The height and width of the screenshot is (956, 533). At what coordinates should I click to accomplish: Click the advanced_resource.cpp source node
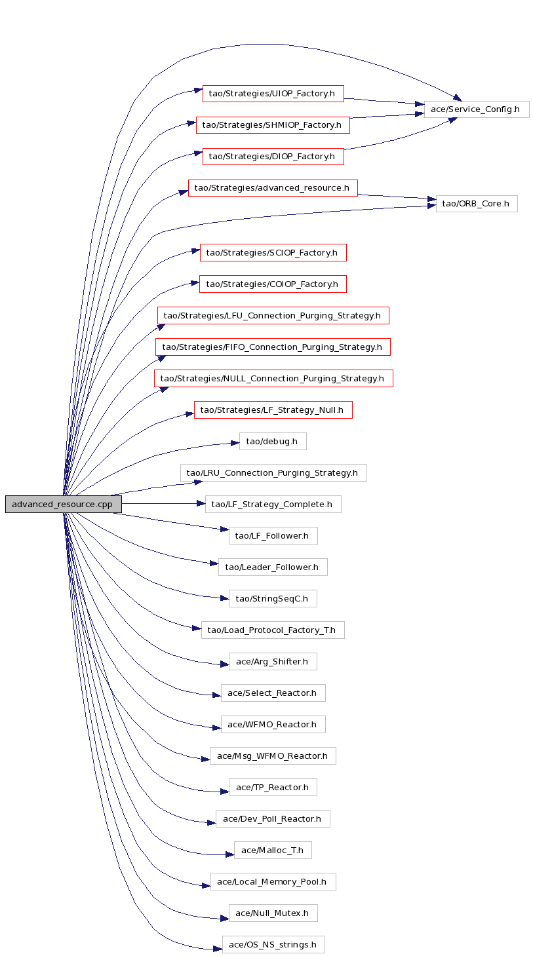(x=63, y=504)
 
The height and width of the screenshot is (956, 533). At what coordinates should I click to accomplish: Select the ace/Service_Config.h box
(x=477, y=109)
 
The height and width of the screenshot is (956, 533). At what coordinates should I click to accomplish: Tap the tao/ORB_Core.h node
(x=477, y=204)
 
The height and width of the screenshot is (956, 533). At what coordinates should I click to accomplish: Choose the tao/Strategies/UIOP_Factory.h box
(x=273, y=94)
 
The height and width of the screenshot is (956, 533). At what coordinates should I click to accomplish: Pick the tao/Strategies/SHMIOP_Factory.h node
(x=273, y=125)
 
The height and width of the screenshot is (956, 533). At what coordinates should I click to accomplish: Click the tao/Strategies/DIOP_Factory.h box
(x=273, y=156)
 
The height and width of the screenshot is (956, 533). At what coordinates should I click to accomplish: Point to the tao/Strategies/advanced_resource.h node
(x=273, y=188)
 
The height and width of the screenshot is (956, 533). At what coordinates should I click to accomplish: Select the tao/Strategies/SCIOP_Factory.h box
(x=273, y=253)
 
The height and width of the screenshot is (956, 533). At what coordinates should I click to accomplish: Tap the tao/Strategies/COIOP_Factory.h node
(x=273, y=284)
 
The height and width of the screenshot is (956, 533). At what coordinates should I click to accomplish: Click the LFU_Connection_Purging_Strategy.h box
(x=273, y=315)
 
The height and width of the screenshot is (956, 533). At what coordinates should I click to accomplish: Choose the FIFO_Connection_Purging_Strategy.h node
(x=273, y=347)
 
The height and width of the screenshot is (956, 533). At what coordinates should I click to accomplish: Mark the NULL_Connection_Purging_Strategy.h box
(x=273, y=379)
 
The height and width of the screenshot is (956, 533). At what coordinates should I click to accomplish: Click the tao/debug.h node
(x=273, y=441)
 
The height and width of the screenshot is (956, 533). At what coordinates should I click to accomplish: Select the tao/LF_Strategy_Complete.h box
(x=273, y=504)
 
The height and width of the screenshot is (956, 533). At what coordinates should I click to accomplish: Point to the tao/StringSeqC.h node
(x=273, y=599)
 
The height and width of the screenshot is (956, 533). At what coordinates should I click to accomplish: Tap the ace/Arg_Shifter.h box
(x=273, y=662)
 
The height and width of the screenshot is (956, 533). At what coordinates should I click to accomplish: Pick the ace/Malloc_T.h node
(x=273, y=850)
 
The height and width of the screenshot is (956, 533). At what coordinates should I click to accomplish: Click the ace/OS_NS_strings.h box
(x=273, y=944)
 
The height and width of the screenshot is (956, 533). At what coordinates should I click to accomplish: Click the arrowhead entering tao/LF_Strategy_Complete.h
(x=201, y=504)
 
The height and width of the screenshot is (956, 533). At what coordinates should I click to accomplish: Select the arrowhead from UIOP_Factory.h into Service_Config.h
(x=420, y=104)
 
